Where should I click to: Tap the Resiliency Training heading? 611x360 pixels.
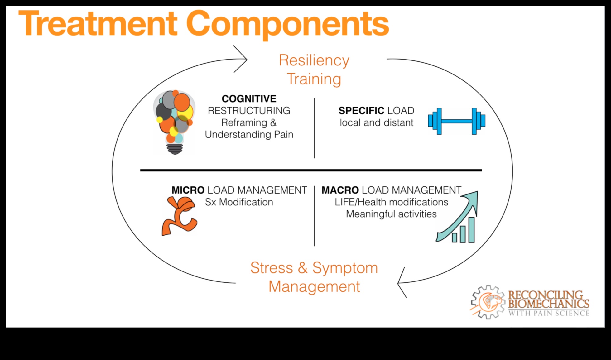[x=314, y=70]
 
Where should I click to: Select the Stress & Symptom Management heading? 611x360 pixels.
[x=314, y=277]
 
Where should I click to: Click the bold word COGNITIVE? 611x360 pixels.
[x=249, y=99]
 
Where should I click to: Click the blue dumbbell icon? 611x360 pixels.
[x=456, y=121]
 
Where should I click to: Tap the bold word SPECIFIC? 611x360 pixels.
[x=361, y=111]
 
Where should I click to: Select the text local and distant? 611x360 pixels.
[x=376, y=123]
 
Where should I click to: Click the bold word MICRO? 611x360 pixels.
[x=188, y=190]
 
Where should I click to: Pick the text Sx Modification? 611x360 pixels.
[x=239, y=202]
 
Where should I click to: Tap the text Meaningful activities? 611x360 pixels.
[x=391, y=214]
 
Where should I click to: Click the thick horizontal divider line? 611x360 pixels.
[x=311, y=170]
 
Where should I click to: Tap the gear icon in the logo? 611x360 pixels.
[x=488, y=302]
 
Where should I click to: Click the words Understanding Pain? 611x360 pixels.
[x=249, y=135]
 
